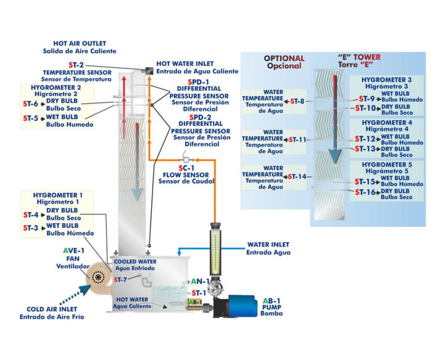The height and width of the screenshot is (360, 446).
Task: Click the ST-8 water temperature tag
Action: coord(297,101)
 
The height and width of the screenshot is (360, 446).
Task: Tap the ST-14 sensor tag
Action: coord(297,177)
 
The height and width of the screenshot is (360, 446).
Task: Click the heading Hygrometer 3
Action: coord(387,81)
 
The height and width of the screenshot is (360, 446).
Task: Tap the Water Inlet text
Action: coord(267,245)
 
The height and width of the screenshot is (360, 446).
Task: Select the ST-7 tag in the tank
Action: coord(120,280)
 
